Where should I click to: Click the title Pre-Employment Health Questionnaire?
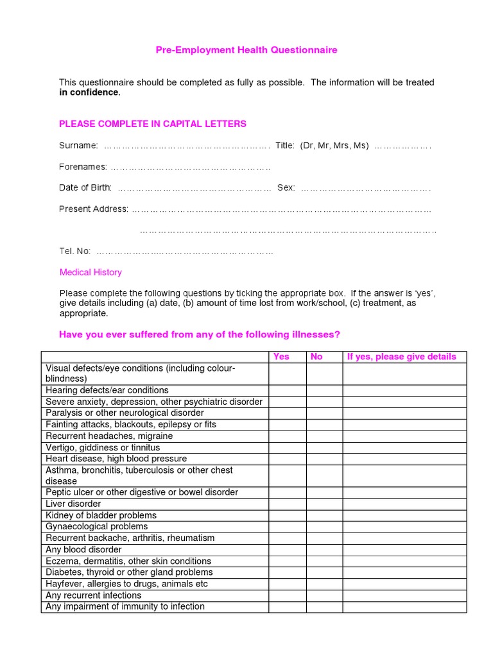point(246,50)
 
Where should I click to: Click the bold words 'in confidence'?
point(89,92)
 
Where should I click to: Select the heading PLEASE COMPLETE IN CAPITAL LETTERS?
point(152,124)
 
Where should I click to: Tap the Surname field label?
point(78,146)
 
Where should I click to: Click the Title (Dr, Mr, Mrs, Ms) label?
point(322,146)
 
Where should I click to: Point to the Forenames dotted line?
point(190,167)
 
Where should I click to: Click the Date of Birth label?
point(85,188)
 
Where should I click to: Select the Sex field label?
point(286,188)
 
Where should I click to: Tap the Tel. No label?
point(74,251)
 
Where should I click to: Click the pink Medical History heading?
point(91,273)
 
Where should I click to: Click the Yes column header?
point(281,357)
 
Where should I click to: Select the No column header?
point(316,357)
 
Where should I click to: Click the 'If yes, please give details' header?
point(401,357)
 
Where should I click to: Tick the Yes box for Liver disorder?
point(287,504)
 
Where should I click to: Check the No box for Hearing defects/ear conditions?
point(324,390)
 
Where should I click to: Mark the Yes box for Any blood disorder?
point(287,550)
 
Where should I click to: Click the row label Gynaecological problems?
point(96,527)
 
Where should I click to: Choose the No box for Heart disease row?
point(324,459)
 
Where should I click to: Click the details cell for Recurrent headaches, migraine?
point(404,436)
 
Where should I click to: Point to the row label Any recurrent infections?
point(93,595)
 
